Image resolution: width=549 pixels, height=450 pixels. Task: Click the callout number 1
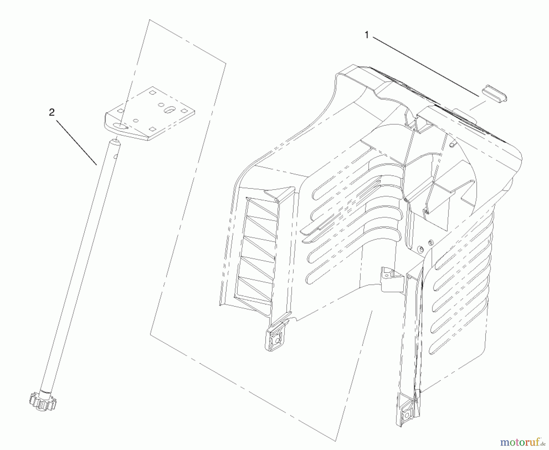pyautogui.click(x=367, y=35)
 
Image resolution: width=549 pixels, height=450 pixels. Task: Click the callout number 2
pyautogui.click(x=52, y=112)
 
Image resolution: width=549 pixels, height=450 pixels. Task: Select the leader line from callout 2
pyautogui.click(x=76, y=142)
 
